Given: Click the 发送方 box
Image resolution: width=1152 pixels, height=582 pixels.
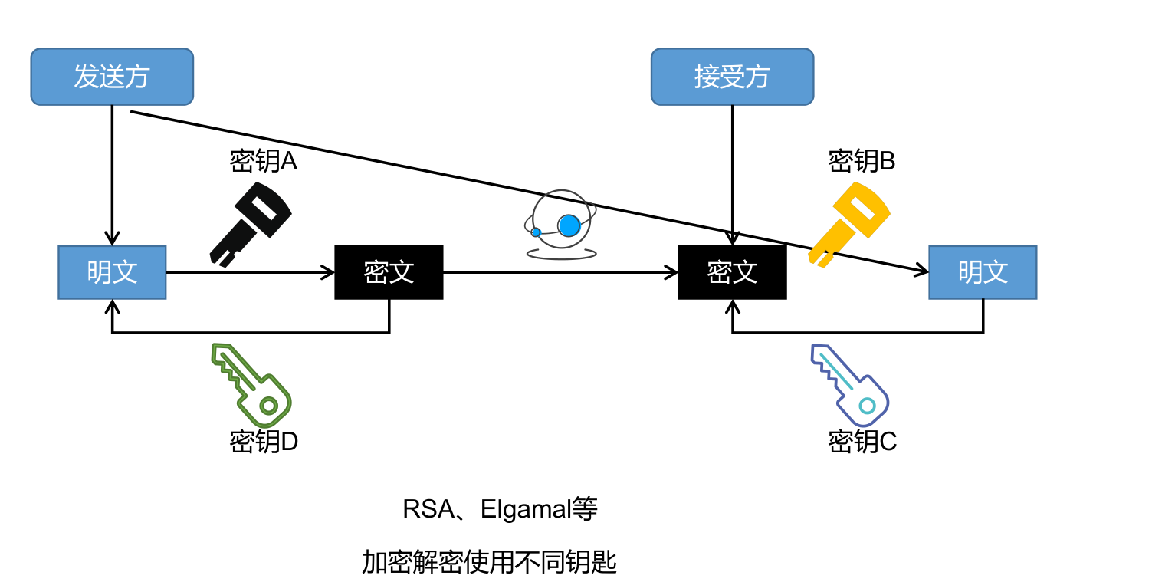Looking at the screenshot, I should [x=112, y=77].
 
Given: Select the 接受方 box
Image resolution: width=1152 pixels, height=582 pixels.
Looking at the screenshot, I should [x=732, y=77].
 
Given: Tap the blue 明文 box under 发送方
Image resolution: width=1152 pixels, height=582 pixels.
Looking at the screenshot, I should [x=112, y=272].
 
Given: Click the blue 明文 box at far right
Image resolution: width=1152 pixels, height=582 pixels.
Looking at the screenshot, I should [x=983, y=272].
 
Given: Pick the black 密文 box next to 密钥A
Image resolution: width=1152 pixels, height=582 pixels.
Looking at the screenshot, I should [x=389, y=272].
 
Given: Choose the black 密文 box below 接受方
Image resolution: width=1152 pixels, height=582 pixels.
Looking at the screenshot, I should [x=732, y=272].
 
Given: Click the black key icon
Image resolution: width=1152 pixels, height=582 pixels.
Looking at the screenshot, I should [x=250, y=222].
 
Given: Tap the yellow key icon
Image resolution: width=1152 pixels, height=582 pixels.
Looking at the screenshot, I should [x=848, y=222].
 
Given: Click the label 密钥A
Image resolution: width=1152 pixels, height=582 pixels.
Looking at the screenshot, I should [x=263, y=162].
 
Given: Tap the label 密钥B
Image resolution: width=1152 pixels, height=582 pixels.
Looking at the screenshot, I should [x=862, y=162].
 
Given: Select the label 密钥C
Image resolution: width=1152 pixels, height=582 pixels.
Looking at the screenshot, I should [x=862, y=442].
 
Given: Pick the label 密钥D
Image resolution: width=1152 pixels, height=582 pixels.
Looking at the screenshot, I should [x=264, y=442].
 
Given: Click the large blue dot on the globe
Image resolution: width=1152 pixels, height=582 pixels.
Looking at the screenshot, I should [x=569, y=225].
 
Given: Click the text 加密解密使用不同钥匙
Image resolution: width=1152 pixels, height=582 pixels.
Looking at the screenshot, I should [x=489, y=563].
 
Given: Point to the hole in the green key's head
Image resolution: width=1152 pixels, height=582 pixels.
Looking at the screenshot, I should [x=268, y=405].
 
